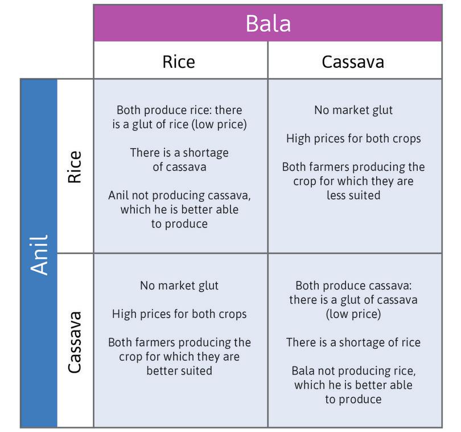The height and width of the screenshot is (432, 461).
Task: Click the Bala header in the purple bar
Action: coord(268,23)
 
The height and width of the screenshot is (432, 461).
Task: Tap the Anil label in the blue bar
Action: coord(39,254)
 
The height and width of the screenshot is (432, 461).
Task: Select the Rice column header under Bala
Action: coord(179,61)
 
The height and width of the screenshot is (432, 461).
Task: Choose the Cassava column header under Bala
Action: coord(353,61)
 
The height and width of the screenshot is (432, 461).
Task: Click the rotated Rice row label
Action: coord(75,167)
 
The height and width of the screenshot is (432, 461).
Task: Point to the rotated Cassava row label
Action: coord(75,341)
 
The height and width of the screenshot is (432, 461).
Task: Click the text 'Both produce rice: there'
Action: coord(179,110)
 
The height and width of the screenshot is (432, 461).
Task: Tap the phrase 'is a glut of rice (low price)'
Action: coord(179,124)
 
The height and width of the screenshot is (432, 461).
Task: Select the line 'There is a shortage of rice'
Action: coord(353,342)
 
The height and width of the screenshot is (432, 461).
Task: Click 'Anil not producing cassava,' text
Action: coord(179,195)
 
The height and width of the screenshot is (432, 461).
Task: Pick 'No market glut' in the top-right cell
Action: coord(353,110)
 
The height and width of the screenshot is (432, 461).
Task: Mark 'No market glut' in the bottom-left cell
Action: coord(179,286)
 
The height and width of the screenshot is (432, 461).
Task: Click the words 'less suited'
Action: coord(353,195)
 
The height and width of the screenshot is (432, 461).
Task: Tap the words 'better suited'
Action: coord(179,370)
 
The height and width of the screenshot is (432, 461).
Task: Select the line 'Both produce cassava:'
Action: coord(353,286)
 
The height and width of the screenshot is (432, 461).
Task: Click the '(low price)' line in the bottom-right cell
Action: coord(353,313)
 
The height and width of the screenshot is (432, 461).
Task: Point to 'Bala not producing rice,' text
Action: coord(353,371)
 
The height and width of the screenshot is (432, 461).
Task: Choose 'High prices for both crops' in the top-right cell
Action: coord(353,138)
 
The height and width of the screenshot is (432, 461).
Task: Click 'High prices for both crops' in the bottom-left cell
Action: coord(179,313)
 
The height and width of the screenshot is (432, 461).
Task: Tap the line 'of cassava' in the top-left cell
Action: coord(179,167)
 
